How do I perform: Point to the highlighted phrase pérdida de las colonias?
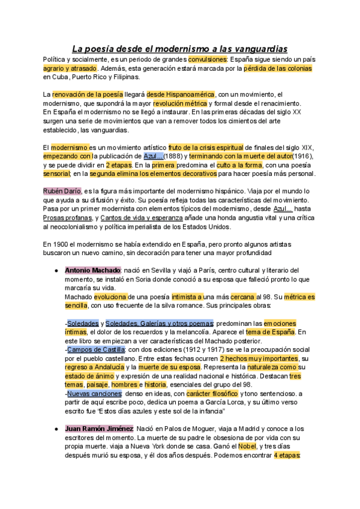click(278, 68)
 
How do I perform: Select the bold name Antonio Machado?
click(92, 271)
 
